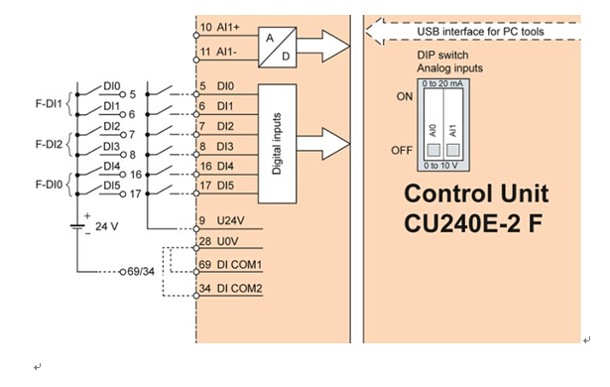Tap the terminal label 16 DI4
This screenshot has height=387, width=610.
pos(216,167)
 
